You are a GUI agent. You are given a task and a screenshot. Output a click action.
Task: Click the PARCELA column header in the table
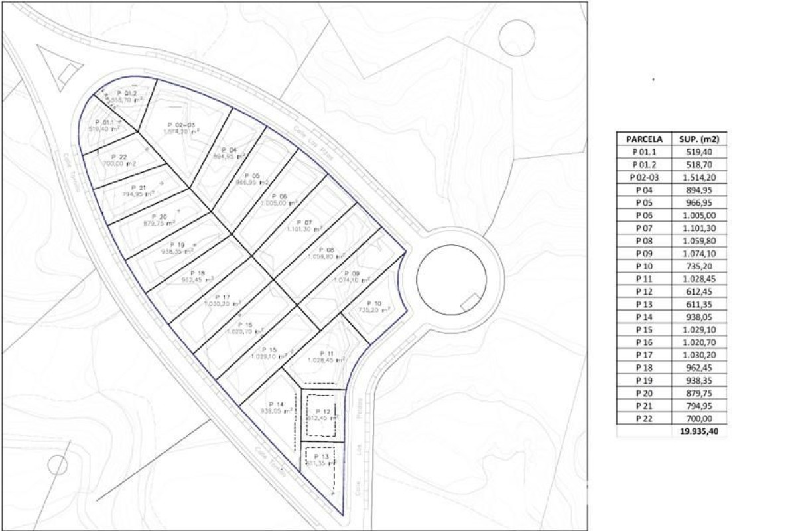[643, 139]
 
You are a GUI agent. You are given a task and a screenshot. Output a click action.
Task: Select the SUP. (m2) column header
[699, 139]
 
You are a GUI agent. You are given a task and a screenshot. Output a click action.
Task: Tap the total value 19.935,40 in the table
[699, 431]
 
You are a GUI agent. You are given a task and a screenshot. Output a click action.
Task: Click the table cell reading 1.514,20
[699, 177]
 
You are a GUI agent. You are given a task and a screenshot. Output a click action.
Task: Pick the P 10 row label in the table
[643, 266]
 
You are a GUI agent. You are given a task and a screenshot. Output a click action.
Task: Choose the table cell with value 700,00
[699, 419]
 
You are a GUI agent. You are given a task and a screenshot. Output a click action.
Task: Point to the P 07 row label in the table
[643, 228]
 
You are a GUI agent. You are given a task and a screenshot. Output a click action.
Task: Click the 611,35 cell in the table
[699, 304]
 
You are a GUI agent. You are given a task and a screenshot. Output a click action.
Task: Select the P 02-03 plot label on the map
[180, 125]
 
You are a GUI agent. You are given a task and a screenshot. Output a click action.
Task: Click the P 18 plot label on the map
[198, 273]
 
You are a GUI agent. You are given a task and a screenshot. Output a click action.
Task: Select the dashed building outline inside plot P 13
[319, 459]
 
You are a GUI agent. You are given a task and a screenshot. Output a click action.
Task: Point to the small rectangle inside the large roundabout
[469, 301]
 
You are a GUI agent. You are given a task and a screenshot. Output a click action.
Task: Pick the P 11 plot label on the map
[326, 353]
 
